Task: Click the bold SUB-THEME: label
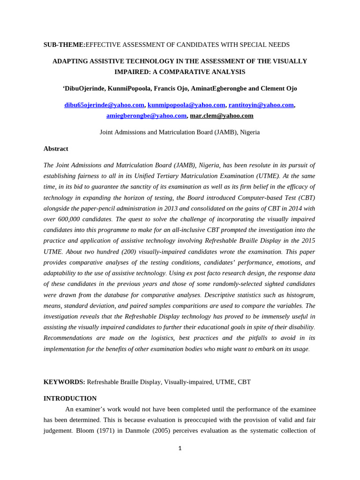tap(64, 45)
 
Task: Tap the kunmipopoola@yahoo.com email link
tap(186, 105)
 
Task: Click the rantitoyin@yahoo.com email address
tap(261, 105)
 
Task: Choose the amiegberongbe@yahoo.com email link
tap(146, 115)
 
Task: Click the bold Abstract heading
tap(56, 149)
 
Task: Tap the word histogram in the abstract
tap(299, 294)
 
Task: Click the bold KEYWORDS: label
tap(64, 382)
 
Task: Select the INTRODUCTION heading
tap(70, 398)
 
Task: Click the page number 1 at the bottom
tap(180, 448)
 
